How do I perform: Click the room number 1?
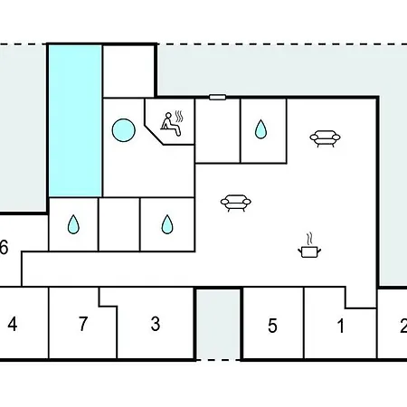pos(341,326)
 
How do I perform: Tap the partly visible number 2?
pos(403,327)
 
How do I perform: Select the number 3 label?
pos(156,324)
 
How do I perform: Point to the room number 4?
pos(13,325)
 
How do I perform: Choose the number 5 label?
pos(272,326)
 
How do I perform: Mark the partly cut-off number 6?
pos(4,247)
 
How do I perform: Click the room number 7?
pos(83,324)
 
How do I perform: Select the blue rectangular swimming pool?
pos(75,121)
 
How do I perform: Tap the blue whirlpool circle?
pos(124,130)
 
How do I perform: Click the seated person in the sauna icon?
pos(170,124)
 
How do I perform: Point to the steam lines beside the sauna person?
pos(179,117)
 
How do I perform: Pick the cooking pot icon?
pos(309,251)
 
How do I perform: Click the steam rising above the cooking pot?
pos(309,239)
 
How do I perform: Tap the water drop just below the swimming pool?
pos(73,224)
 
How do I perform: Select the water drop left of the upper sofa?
pos(260,129)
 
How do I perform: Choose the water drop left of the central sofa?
pos(167,224)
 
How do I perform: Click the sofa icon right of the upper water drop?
pos(326,138)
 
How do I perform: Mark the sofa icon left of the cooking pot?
pos(236,203)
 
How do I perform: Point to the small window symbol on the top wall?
pos(217,97)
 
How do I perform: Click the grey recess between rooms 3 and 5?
pos(219,324)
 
